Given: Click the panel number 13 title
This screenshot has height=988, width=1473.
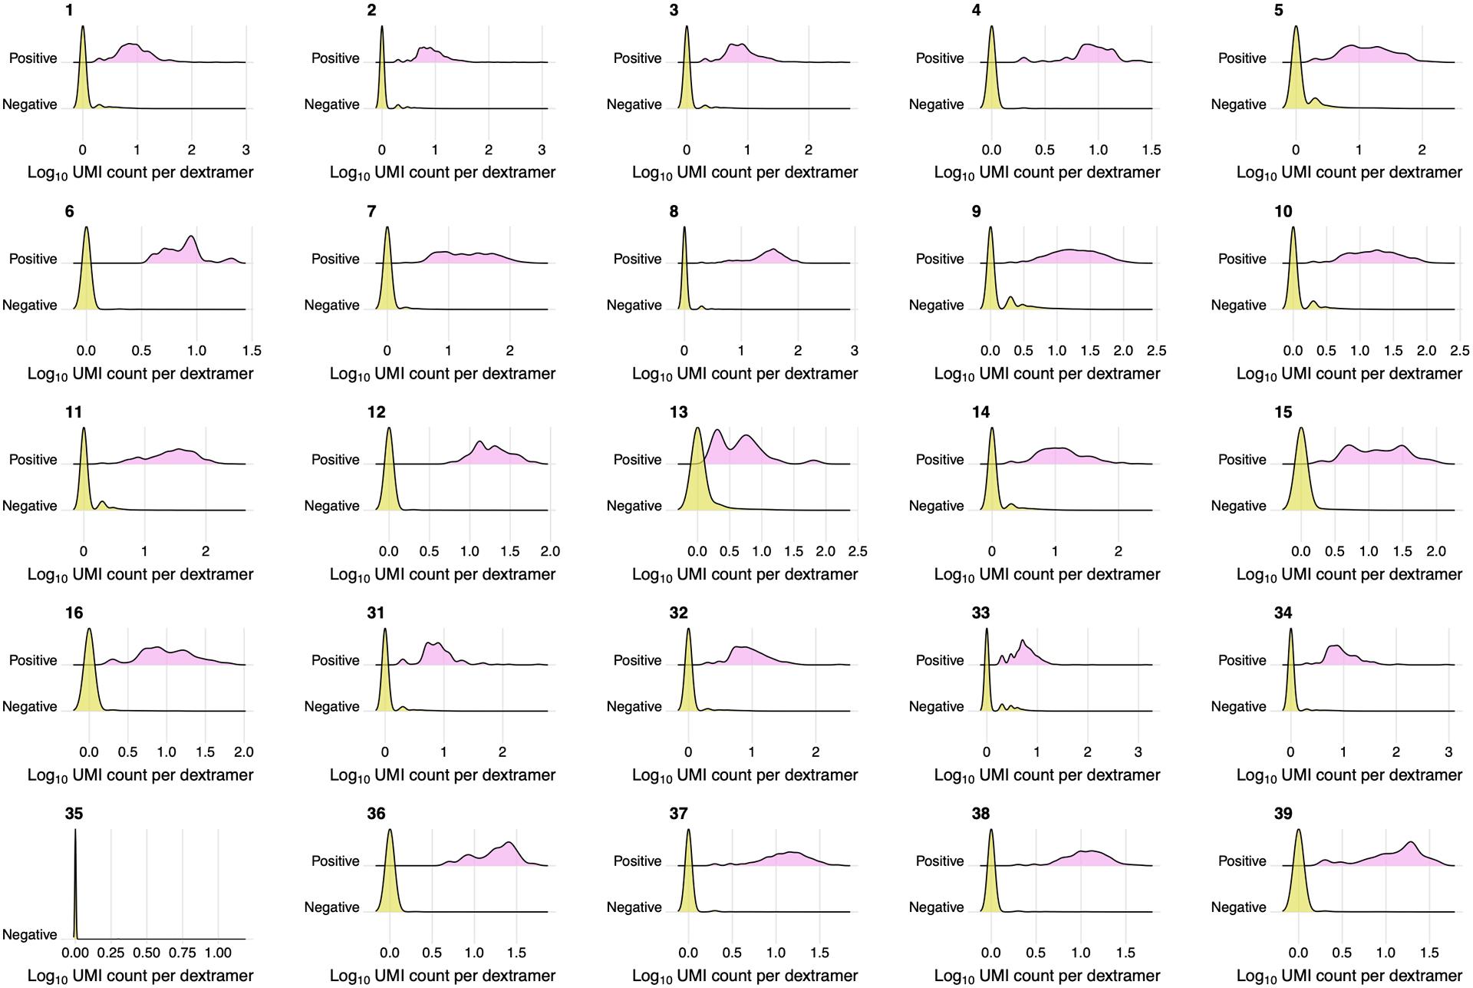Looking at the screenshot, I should [x=678, y=412].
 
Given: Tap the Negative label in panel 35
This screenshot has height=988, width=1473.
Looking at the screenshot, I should [x=29, y=934].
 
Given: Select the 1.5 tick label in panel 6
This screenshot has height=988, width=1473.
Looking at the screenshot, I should [x=252, y=351].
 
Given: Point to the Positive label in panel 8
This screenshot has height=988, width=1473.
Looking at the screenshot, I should [x=637, y=259].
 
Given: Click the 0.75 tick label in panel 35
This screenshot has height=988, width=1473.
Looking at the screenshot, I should [x=183, y=953].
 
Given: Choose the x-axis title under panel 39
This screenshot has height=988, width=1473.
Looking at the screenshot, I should [x=1349, y=976].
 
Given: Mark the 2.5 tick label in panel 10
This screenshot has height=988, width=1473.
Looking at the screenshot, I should [x=1459, y=351].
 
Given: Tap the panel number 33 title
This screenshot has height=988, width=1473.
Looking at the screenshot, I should [x=980, y=613].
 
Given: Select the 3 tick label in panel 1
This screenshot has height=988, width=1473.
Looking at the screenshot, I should [x=245, y=150].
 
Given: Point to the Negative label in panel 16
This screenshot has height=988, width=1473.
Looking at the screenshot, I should [x=29, y=706].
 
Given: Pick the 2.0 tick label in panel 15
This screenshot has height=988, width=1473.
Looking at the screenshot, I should [x=1435, y=551].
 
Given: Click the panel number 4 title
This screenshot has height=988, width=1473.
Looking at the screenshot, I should [x=976, y=11].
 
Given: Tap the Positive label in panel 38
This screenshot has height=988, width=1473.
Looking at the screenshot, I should [x=939, y=861].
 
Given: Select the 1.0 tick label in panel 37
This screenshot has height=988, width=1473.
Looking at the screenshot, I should [x=776, y=953].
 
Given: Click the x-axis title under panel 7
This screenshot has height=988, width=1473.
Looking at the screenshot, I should [x=442, y=374].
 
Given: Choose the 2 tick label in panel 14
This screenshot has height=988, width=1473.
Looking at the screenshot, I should [x=1118, y=551].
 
